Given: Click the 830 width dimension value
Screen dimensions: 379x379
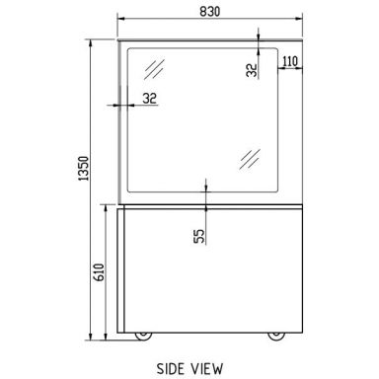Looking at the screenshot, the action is tap(209, 12).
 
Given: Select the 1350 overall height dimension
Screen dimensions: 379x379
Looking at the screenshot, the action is tap(84, 168).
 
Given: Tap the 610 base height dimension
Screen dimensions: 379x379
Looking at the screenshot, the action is tap(100, 272).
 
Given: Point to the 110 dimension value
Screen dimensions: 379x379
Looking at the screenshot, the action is tap(290, 61).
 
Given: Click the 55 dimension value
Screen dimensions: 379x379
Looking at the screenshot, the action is tap(199, 236).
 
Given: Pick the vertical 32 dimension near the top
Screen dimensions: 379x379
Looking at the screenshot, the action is tap(252, 70).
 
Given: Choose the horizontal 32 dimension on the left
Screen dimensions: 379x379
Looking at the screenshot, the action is tap(150, 98).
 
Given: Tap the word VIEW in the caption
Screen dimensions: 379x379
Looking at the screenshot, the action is tap(207, 369).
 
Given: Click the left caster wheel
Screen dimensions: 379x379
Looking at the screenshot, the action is tap(143, 336).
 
